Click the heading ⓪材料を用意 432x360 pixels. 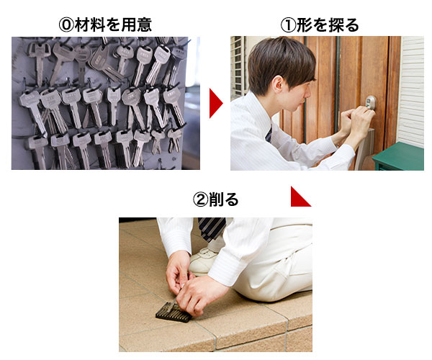tap(105, 24)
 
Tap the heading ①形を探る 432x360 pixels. tap(320, 24)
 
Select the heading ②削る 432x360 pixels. tap(215, 199)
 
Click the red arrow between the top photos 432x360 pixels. tap(216, 103)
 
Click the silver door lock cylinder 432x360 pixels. tap(370, 102)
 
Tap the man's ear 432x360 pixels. tap(278, 84)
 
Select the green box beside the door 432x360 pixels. tap(399, 156)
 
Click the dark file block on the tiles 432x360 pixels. tap(174, 313)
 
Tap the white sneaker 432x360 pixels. tap(203, 261)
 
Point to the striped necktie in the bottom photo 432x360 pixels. tap(212, 229)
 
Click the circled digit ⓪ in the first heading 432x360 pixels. tap(66, 25)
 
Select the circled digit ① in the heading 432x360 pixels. tap(288, 25)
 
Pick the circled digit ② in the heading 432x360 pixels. tap(200, 199)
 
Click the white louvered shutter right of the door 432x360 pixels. tap(411, 91)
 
